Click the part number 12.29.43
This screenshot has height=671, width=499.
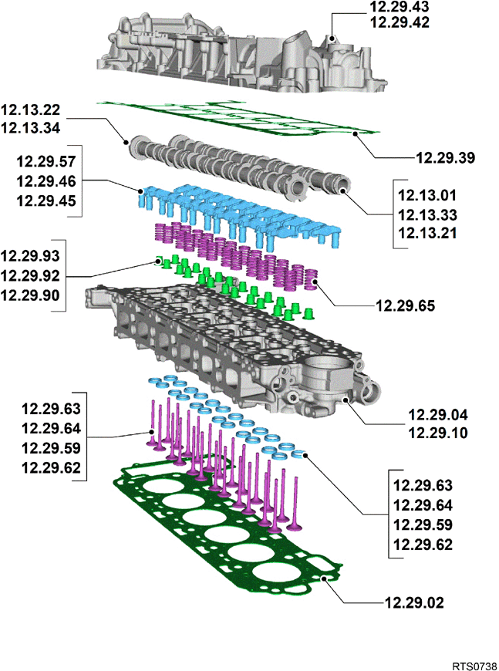tap(400, 6)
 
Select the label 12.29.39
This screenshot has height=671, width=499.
tap(446, 158)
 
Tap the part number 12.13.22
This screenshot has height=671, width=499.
tap(30, 110)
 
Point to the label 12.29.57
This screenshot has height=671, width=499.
tap(46, 162)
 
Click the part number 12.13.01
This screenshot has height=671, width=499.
tap(427, 195)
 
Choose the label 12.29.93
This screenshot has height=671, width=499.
tap(30, 256)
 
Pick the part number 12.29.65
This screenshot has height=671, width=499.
tap(405, 306)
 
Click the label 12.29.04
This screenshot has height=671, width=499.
tap(438, 415)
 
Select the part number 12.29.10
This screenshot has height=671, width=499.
tap(438, 433)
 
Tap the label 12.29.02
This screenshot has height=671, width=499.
tap(414, 603)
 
